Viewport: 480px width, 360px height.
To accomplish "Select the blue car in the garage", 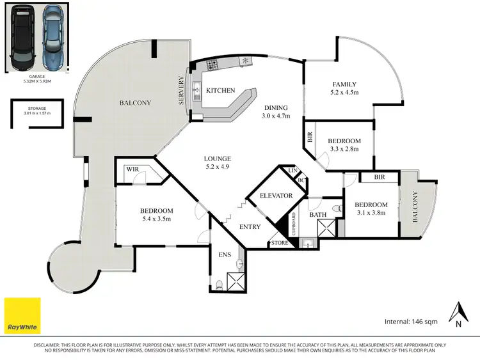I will (54, 38).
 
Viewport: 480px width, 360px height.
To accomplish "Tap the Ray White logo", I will (22, 316).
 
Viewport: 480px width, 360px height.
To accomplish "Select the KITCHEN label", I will (220, 91).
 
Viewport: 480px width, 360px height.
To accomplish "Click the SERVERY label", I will (182, 92).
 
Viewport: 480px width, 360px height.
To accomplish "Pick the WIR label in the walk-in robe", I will (132, 170).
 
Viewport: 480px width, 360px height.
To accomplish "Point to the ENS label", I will (225, 254).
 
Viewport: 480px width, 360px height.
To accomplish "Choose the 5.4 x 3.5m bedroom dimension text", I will (156, 219).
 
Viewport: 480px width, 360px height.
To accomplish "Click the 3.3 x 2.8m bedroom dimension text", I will (343, 149).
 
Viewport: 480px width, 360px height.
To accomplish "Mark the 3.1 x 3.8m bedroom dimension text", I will (371, 213).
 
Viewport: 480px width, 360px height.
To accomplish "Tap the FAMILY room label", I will (344, 84).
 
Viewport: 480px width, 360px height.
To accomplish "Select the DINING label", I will (276, 107).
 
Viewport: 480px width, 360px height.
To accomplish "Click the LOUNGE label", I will (218, 159).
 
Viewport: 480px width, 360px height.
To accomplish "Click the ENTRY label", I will (250, 227).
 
